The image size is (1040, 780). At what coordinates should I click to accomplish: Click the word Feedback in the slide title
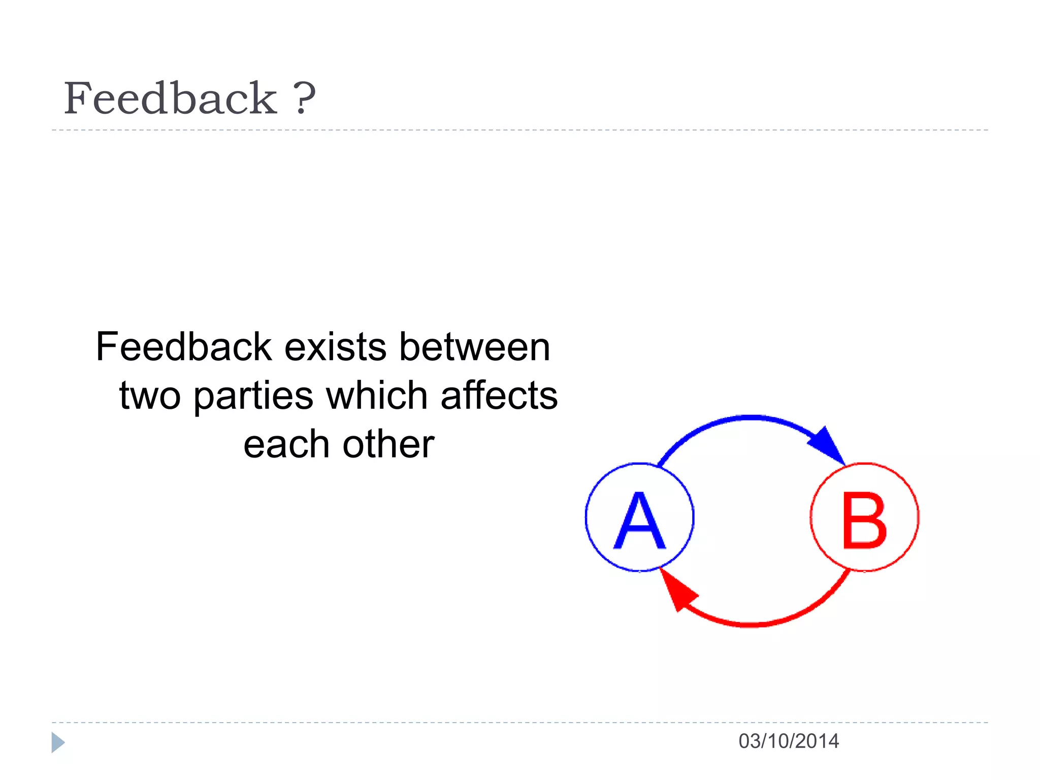point(170,99)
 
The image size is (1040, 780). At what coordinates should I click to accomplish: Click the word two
point(150,396)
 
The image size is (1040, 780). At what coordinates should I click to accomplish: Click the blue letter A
point(639,521)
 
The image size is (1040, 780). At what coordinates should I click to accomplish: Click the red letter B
point(864,521)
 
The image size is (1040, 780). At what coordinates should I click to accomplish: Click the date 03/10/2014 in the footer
point(789,741)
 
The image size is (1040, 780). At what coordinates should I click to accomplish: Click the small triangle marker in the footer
point(58,742)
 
